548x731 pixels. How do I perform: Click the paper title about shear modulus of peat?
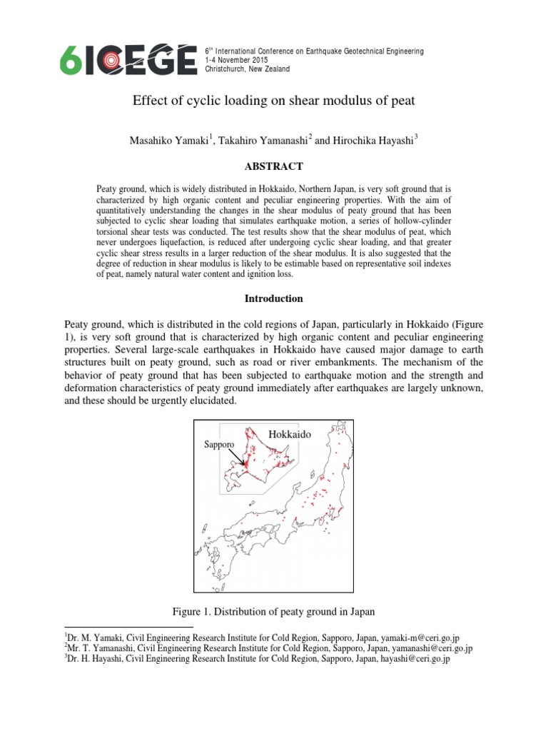(274, 101)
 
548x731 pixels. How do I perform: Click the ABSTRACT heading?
(275, 166)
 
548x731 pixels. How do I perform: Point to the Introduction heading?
(275, 298)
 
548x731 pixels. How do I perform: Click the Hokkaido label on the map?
(291, 434)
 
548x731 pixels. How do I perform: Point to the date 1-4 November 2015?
(237, 60)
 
